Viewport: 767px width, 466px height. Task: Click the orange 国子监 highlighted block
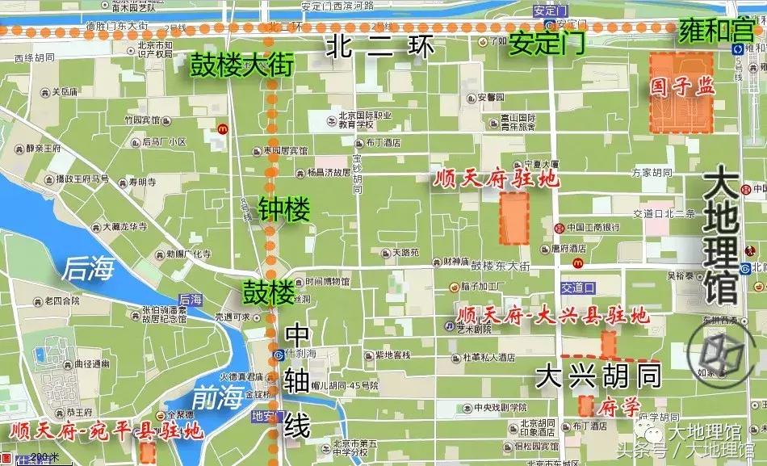click(682, 92)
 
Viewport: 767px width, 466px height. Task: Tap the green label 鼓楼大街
click(241, 65)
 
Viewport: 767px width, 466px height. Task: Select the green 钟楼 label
click(283, 212)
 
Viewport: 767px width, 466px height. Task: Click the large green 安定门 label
click(546, 44)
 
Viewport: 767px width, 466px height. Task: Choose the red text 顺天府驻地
click(494, 178)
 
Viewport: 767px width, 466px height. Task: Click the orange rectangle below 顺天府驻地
click(513, 218)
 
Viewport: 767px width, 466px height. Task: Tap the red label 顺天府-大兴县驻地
click(552, 315)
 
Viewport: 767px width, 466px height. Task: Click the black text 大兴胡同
click(599, 375)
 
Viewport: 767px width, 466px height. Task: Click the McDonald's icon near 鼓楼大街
click(221, 129)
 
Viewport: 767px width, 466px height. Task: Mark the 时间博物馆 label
click(321, 282)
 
